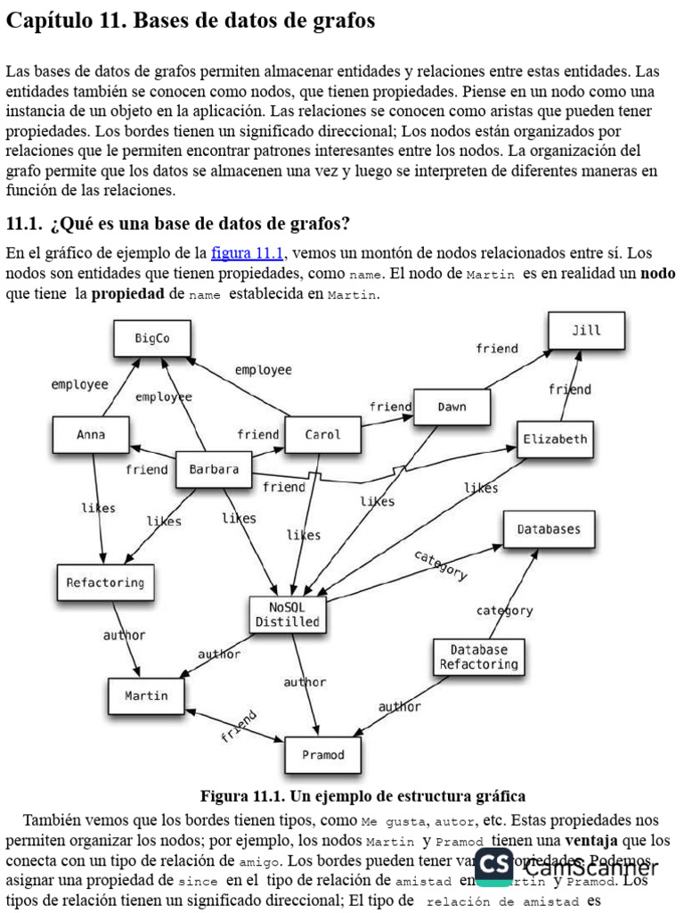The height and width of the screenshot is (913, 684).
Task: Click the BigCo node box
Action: [152, 339]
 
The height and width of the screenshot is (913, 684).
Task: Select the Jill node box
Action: [586, 331]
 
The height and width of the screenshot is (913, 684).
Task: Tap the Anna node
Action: [91, 435]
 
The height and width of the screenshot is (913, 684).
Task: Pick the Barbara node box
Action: [214, 469]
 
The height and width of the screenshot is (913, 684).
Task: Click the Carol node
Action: [322, 435]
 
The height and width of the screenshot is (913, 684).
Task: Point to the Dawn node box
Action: [452, 407]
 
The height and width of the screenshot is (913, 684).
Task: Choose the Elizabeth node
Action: [555, 439]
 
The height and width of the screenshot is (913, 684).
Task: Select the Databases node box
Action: [549, 530]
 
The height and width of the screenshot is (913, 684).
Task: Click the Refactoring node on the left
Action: [105, 583]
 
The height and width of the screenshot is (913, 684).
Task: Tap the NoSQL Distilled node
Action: [287, 614]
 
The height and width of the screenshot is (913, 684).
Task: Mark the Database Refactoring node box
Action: [478, 657]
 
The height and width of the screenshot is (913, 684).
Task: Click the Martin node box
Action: [146, 695]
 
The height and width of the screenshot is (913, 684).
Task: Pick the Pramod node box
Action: [322, 755]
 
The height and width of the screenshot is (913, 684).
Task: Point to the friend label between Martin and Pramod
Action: [239, 726]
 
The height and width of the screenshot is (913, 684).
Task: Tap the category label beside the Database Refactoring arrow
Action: [504, 611]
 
